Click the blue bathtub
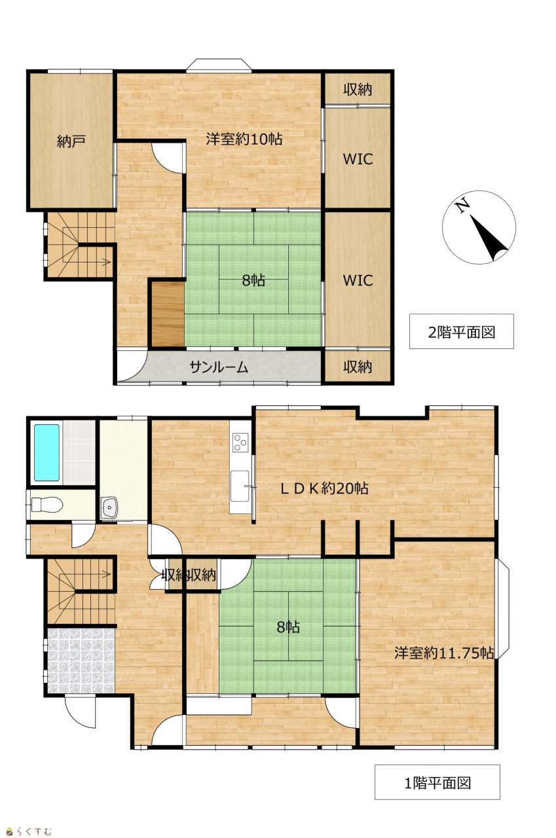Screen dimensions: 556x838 [x=46, y=452]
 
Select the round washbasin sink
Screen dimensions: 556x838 [x=109, y=507]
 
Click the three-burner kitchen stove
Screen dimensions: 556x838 [x=240, y=442]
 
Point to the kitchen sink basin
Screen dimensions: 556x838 [x=240, y=486]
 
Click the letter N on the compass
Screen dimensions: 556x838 [x=462, y=206]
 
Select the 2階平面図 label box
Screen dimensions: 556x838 [x=461, y=331]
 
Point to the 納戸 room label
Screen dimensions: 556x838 [x=71, y=141]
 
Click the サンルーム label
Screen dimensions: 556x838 [x=219, y=367]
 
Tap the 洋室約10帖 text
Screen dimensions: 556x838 [x=244, y=139]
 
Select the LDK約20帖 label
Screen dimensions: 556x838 [x=324, y=488]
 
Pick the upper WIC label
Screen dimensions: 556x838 [x=358, y=159]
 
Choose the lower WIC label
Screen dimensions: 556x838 [x=358, y=280]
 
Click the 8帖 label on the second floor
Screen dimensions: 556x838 [x=253, y=280]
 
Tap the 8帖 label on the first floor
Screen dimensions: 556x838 [x=288, y=627]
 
